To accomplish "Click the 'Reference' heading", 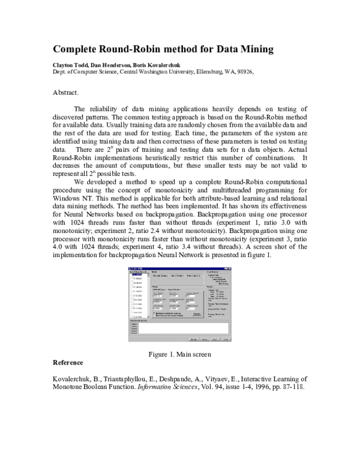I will [x=68, y=363].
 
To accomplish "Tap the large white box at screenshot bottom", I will [x=180, y=328].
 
